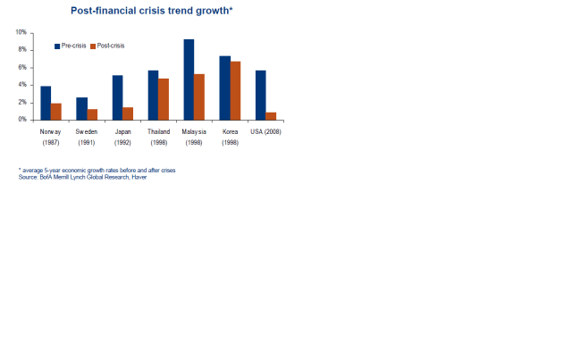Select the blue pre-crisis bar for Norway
tap(46, 103)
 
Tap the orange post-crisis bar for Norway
tap(56, 111)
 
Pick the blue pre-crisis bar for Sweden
tap(81, 108)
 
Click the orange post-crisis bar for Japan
tap(128, 113)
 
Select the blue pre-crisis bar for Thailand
tap(153, 95)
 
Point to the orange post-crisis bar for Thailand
tap(164, 99)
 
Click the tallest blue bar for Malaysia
tap(189, 80)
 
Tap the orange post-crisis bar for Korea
tap(235, 90)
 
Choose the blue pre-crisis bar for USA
tap(260, 95)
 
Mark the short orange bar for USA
tap(271, 115)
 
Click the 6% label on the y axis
tap(22, 67)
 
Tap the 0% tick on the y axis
tap(22, 120)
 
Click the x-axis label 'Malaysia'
tap(194, 131)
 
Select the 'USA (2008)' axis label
tap(265, 131)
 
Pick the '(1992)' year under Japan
tap(122, 143)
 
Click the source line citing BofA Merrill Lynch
tap(82, 177)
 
